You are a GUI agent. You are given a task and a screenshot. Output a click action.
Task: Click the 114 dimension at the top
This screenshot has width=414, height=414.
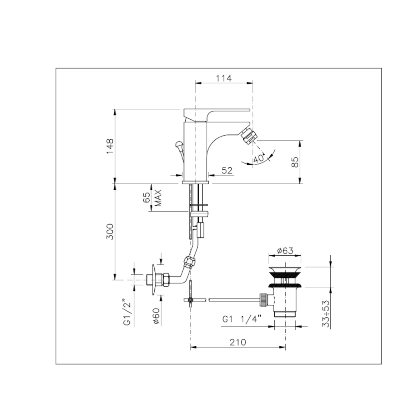point(224,78)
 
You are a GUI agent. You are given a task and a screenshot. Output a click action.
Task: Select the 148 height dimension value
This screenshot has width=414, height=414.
point(110,146)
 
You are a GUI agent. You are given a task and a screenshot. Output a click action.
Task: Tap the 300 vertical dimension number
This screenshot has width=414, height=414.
point(110,232)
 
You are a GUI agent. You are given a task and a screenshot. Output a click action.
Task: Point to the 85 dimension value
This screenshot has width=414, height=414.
point(295,162)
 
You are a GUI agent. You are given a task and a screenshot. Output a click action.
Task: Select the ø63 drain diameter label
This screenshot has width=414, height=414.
point(285,250)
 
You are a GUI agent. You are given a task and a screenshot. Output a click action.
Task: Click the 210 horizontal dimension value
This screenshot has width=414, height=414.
point(238,342)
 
